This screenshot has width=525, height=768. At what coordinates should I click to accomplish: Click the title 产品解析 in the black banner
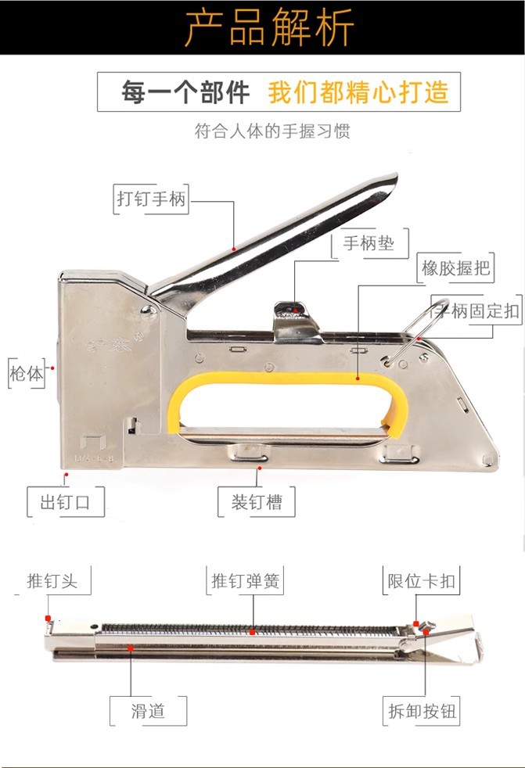coord(269,27)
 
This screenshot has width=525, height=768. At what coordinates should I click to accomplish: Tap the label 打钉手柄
coord(152,199)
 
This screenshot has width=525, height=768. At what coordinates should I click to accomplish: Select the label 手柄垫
coord(369,243)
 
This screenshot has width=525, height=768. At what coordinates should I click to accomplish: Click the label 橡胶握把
coord(455,268)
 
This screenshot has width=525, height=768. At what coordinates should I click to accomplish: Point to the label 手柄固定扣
coord(476,310)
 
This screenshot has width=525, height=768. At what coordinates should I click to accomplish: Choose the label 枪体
coord(27,374)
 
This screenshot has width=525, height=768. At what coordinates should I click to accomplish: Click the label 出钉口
coord(65,502)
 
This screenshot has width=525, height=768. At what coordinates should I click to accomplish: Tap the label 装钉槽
coord(257,502)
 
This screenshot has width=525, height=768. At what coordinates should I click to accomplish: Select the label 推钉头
coord(52,581)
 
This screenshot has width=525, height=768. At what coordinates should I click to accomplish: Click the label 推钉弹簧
coord(245,581)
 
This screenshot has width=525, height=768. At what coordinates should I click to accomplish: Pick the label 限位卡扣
coord(421,581)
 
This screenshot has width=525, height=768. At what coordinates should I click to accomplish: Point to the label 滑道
coord(148,711)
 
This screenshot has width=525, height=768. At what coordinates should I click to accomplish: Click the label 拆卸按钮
coord(421,711)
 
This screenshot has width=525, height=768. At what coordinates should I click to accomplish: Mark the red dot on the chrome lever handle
coord(234,249)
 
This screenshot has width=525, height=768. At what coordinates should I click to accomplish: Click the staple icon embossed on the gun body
coord(93,443)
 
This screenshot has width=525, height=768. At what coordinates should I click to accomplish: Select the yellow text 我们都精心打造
coord(358,92)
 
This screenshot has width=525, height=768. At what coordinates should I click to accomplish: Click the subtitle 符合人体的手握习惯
coord(272,131)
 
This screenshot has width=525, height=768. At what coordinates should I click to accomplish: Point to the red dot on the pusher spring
coord(252,633)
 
